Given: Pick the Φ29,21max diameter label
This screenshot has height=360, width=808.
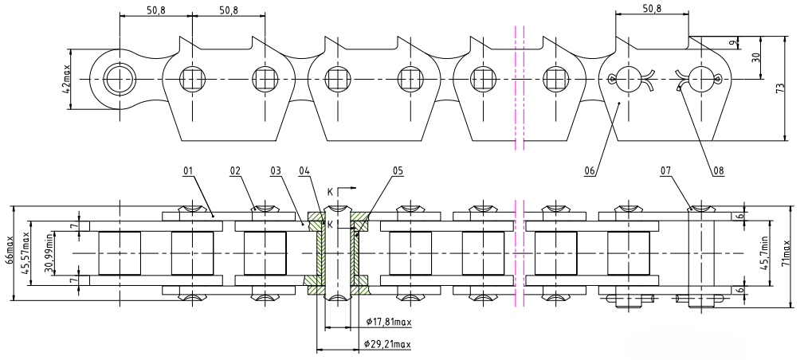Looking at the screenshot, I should pyautogui.click(x=390, y=344).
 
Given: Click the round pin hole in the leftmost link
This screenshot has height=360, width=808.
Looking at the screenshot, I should pyautogui.click(x=118, y=80).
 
